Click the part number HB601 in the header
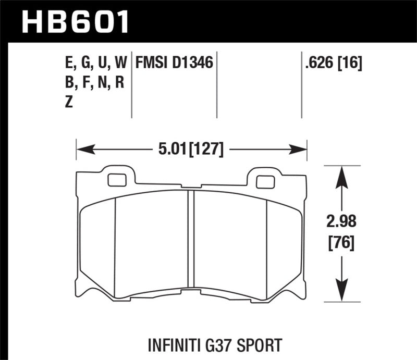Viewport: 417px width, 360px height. [x=75, y=21]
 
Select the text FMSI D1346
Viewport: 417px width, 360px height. [x=174, y=64]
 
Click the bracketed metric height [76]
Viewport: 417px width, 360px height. [x=341, y=243]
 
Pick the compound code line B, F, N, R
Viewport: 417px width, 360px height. [x=92, y=83]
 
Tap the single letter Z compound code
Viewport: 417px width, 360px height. [x=68, y=103]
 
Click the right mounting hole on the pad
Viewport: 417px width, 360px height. [x=265, y=182]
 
